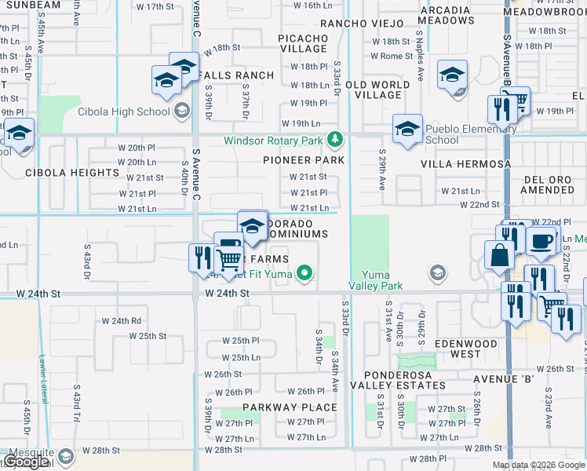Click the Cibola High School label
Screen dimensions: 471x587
click(123, 111)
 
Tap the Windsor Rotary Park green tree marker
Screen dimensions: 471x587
click(336, 140)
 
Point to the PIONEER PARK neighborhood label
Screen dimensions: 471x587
click(304, 160)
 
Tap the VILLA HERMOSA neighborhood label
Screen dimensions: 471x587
click(466, 164)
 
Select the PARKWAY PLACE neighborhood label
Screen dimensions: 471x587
click(290, 407)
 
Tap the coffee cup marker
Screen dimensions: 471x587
click(540, 241)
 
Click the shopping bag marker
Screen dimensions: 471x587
click(499, 254)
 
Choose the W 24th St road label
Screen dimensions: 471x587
click(227, 293)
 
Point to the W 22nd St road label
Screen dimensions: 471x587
click(481, 204)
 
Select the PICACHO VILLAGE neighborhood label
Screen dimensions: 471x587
click(304, 43)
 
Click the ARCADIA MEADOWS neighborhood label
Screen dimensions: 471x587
click(445, 16)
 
